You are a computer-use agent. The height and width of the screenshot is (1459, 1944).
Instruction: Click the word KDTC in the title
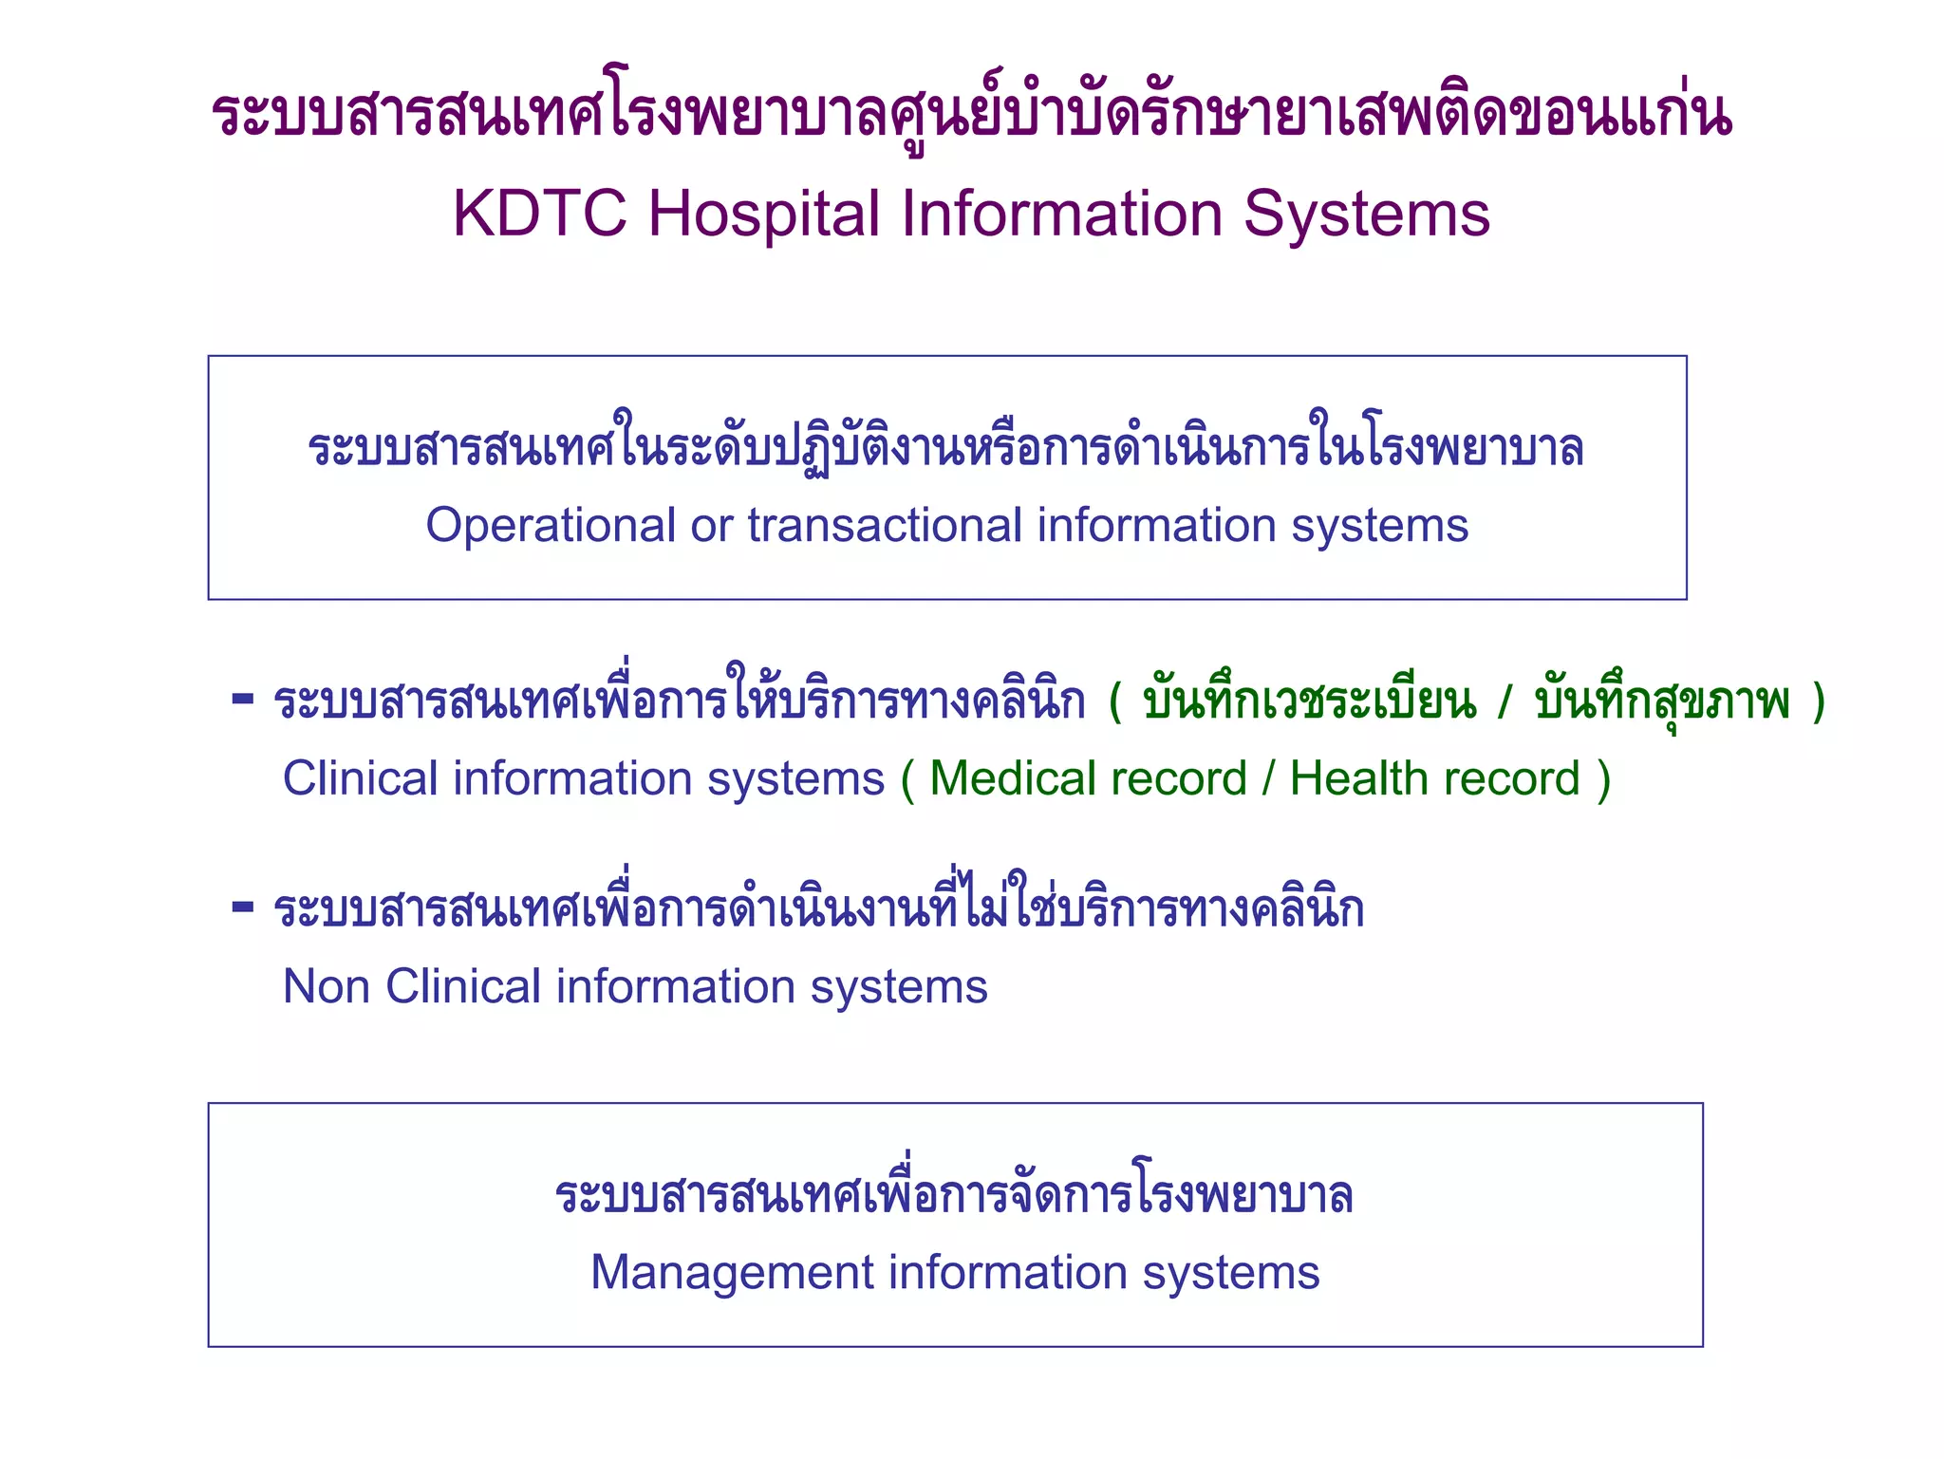(539, 214)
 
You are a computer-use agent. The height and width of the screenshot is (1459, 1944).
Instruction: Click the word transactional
(885, 525)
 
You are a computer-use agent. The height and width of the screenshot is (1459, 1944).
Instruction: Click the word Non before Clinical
(326, 986)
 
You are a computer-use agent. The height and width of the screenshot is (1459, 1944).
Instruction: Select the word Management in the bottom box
(731, 1273)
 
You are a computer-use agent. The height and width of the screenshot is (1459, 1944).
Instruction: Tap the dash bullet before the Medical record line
(243, 700)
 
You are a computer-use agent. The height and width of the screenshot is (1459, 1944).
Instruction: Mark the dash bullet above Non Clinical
(243, 907)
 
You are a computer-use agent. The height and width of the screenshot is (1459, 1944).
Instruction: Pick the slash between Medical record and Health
(1268, 778)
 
